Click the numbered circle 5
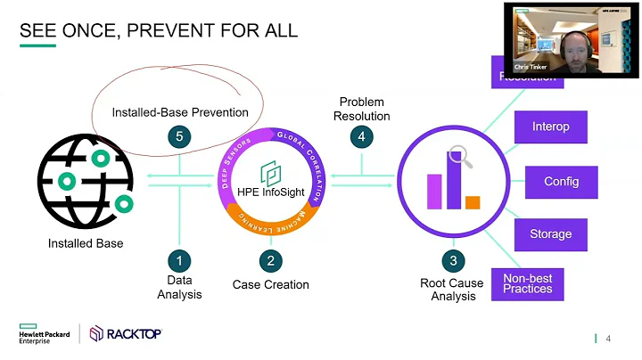180,137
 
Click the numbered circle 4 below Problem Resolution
361,137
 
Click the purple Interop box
550,127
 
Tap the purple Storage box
550,235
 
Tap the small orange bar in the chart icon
473,202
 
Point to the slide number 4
608,339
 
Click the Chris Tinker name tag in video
531,67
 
